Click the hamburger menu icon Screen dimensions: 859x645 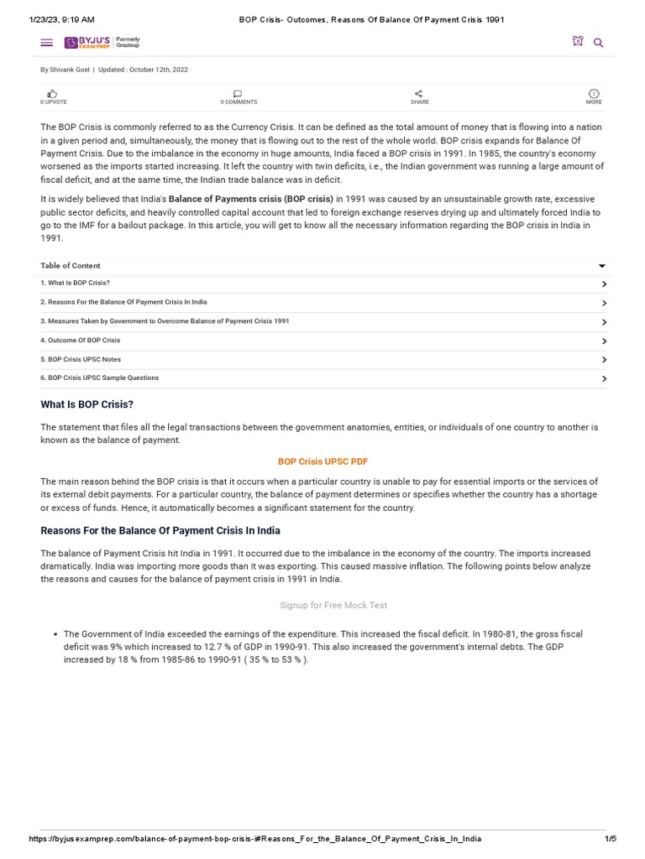(46, 43)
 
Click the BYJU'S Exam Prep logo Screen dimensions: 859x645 (102, 42)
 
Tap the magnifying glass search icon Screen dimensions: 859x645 (599, 43)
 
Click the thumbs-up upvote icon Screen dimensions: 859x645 (53, 93)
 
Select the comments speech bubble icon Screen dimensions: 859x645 (238, 93)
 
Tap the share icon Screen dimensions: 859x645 (419, 93)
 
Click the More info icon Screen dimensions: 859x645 (594, 93)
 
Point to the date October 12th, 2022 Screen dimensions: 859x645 (159, 70)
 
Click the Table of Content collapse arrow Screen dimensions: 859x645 (602, 266)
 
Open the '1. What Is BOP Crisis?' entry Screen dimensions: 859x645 (76, 283)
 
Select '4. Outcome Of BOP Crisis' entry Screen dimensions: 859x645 (81, 340)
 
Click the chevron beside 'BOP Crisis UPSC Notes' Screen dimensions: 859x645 (604, 360)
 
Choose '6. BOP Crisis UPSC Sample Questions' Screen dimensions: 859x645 (100, 377)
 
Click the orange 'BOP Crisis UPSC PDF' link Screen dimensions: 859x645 (322, 461)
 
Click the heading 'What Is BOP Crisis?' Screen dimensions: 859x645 (87, 404)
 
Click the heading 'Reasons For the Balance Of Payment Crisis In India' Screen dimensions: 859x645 (160, 531)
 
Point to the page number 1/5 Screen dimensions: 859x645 (610, 839)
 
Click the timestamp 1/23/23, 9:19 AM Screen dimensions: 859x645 (62, 18)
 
